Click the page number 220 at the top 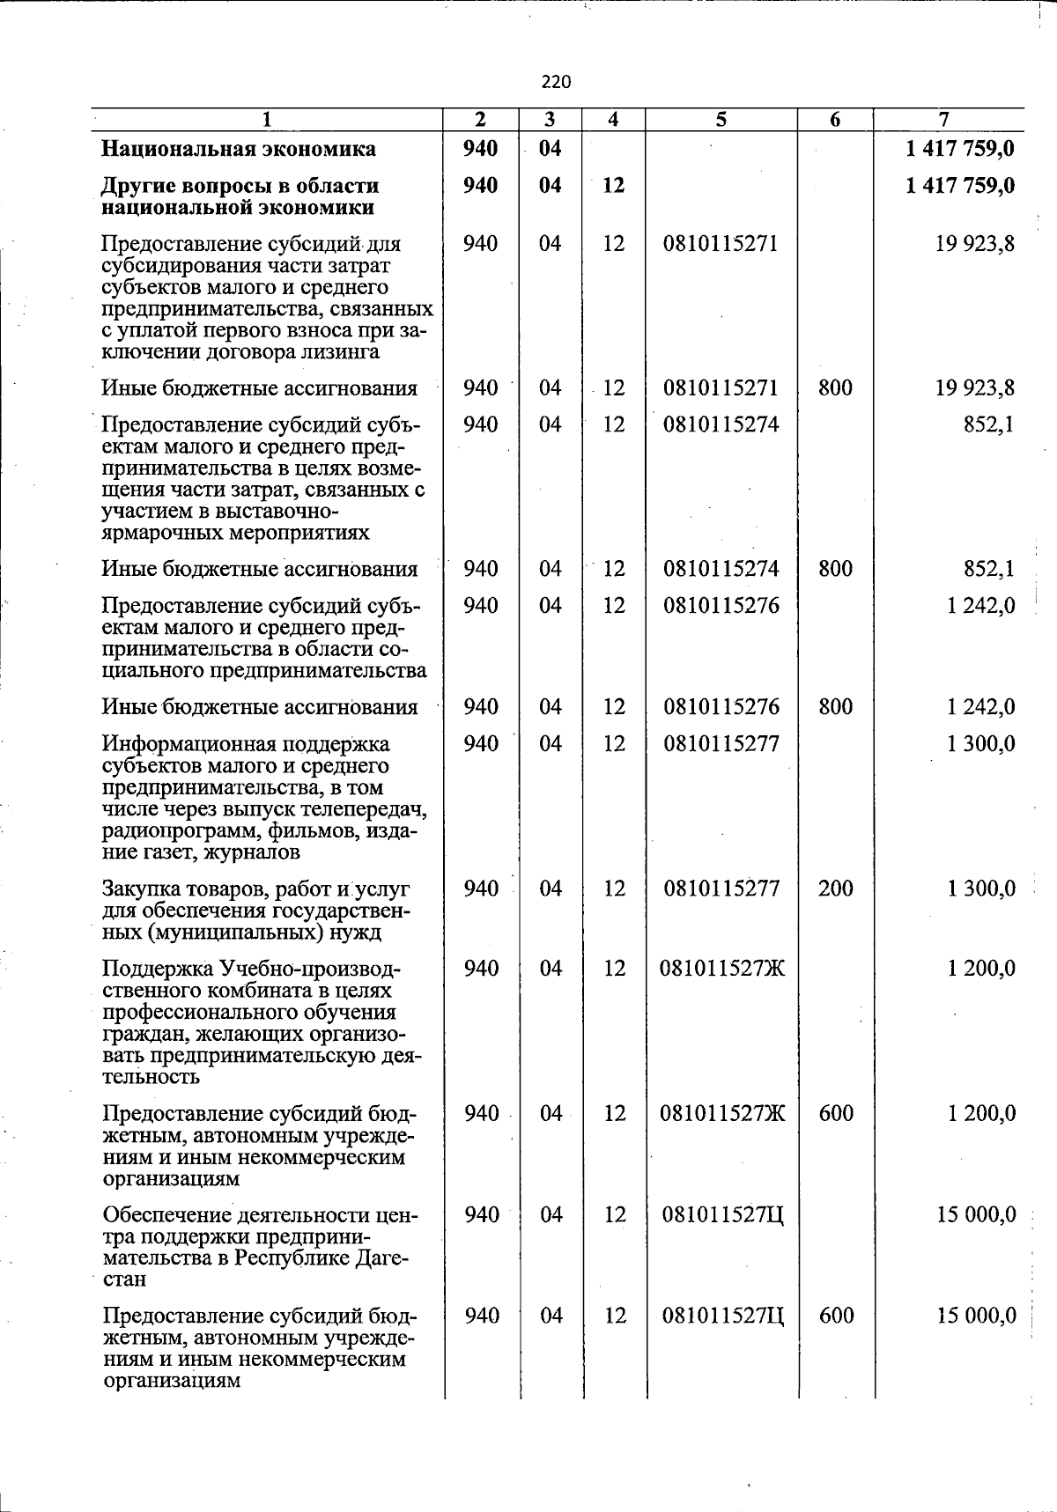click(556, 82)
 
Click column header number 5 click(721, 119)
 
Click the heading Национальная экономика click(239, 149)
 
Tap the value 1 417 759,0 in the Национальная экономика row click(960, 149)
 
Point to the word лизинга click(338, 352)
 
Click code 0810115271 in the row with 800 click(721, 388)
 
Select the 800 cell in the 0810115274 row click(834, 569)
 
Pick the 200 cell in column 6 click(835, 889)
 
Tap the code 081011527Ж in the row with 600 click(722, 1114)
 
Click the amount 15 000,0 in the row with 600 click(976, 1316)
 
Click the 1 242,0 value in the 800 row click(981, 707)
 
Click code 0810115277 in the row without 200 click(721, 744)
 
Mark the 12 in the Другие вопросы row click(613, 186)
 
